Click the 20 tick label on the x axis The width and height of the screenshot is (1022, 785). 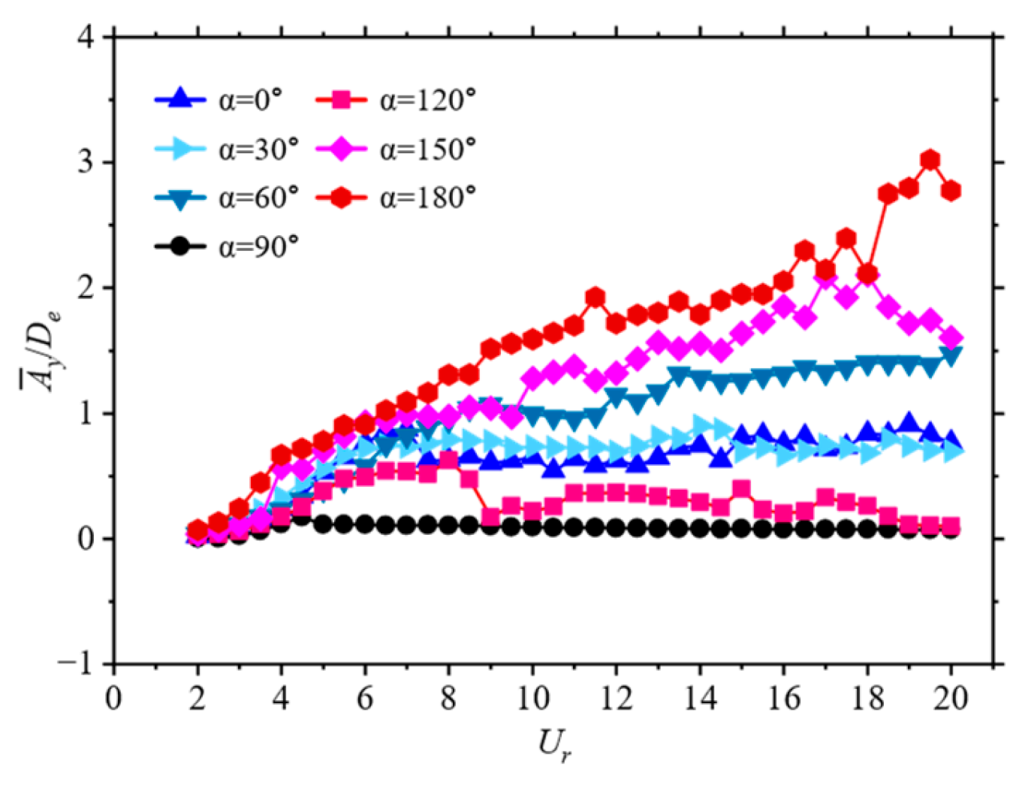pyautogui.click(x=951, y=699)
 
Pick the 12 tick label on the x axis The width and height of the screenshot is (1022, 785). pyautogui.click(x=616, y=699)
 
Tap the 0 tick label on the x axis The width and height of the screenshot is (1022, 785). pyautogui.click(x=113, y=699)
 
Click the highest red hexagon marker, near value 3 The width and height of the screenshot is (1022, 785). pyautogui.click(x=930, y=160)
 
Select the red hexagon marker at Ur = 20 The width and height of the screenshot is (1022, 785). pyautogui.click(x=951, y=191)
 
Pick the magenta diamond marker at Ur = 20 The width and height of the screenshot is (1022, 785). pyautogui.click(x=951, y=338)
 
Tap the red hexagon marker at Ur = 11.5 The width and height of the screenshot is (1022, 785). pyautogui.click(x=595, y=297)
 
